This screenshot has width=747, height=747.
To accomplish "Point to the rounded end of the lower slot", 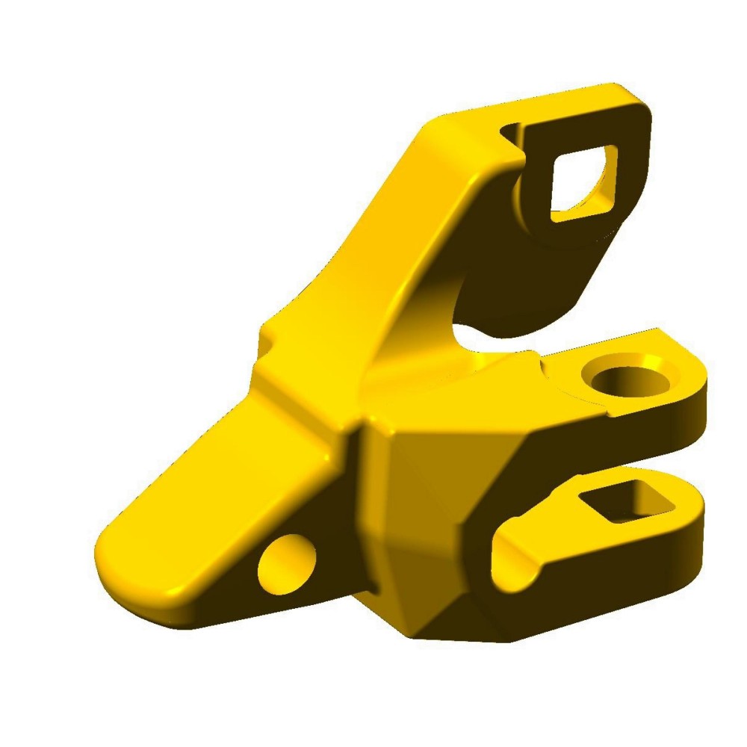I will click(508, 560).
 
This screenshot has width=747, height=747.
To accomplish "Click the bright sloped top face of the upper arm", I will click(388, 224).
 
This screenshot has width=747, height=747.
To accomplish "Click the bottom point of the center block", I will click(418, 635).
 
